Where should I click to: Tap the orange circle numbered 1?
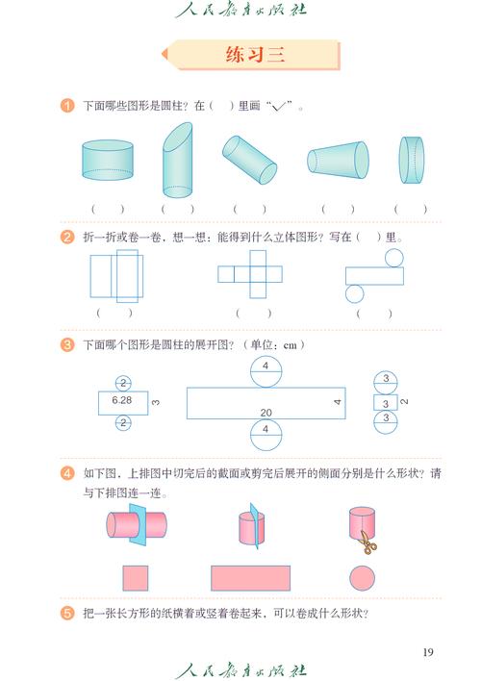(67, 106)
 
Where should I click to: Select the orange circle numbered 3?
(67, 344)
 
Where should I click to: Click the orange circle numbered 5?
(67, 613)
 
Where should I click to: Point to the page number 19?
(428, 653)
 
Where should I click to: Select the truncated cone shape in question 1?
(338, 161)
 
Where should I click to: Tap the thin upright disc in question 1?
(412, 160)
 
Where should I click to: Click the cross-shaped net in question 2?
(253, 274)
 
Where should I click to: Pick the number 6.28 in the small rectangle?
(121, 398)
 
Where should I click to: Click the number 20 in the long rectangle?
(265, 412)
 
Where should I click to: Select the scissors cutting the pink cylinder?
(367, 542)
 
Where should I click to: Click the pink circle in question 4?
(362, 577)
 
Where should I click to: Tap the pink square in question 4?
(136, 577)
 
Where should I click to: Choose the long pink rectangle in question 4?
(250, 577)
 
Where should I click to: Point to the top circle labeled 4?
(266, 370)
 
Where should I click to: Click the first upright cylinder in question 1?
(107, 161)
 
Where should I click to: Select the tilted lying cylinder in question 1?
(250, 159)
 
